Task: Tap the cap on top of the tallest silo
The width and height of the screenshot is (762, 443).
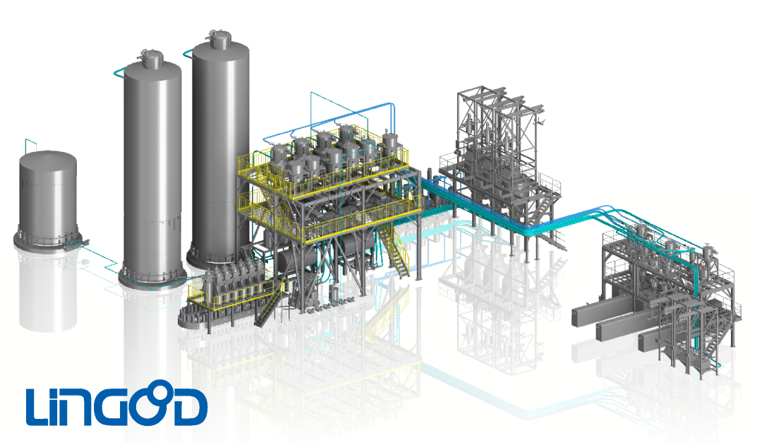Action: click(220, 40)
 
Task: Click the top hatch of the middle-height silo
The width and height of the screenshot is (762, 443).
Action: click(152, 59)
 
